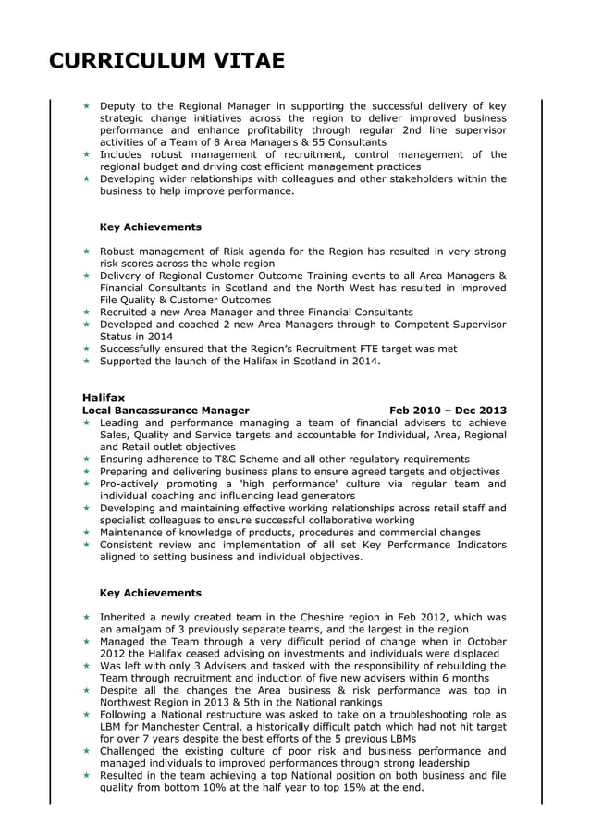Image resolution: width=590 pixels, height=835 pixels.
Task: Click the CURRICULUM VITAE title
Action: point(166,61)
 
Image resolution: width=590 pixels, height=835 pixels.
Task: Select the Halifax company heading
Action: point(104,397)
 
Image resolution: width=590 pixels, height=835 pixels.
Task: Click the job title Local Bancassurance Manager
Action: point(166,410)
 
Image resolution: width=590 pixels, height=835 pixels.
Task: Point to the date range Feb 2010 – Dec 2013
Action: point(448,410)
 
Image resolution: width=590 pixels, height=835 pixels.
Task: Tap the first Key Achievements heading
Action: point(150,227)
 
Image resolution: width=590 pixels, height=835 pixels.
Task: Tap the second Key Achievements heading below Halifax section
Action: point(150,593)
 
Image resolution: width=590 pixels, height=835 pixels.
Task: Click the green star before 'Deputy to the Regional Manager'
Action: point(86,106)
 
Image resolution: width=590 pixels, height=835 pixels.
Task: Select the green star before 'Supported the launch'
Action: point(86,362)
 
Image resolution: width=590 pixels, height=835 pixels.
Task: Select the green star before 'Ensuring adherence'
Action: point(86,460)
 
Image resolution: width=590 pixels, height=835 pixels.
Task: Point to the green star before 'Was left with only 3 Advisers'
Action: point(86,666)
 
